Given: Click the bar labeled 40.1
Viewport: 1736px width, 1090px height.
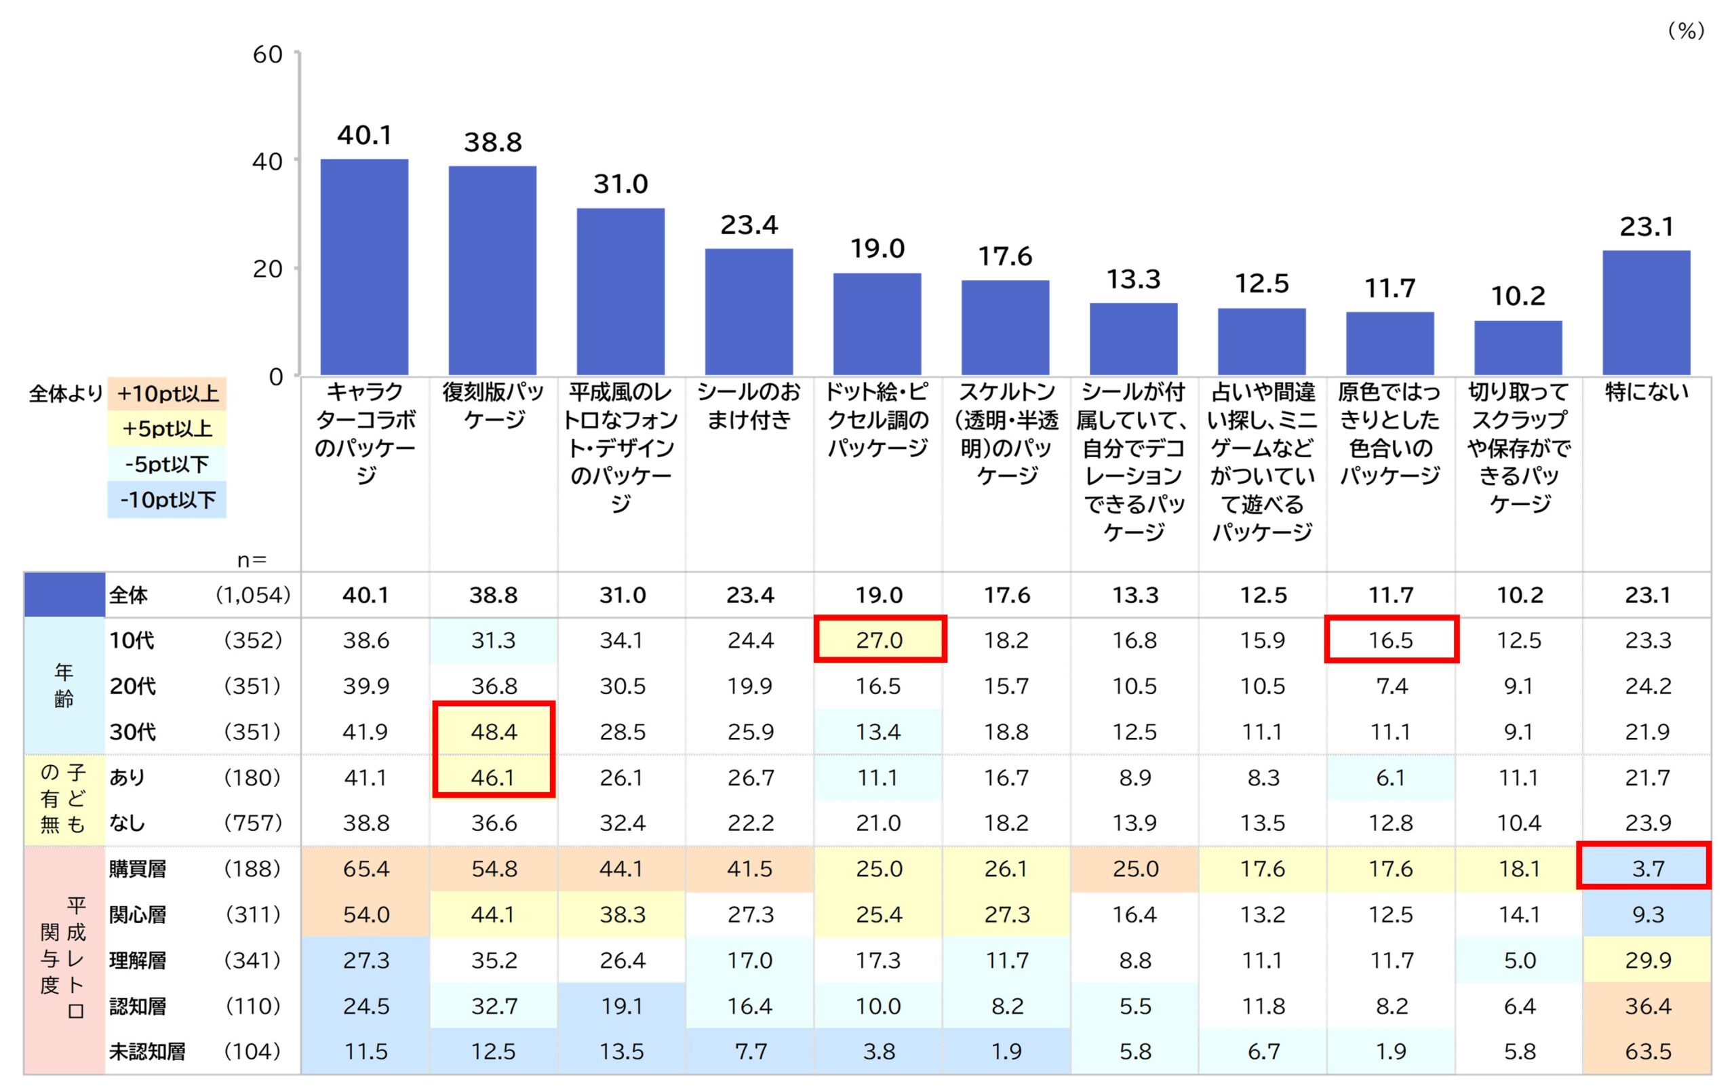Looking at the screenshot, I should (364, 267).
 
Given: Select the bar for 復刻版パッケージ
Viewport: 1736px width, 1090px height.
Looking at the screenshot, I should (492, 271).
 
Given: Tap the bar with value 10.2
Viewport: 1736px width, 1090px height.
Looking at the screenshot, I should (1518, 347).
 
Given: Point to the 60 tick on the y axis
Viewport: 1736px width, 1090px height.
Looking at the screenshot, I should (267, 55).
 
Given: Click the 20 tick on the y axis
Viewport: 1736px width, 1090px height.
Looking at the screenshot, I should (267, 269).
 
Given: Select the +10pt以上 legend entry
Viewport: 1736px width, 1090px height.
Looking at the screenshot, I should (167, 393).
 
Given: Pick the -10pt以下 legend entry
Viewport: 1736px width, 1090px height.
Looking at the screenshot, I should (167, 500).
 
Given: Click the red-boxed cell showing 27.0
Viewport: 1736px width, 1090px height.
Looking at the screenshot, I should (879, 640).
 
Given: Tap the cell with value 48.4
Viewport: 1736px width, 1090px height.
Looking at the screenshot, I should (494, 732).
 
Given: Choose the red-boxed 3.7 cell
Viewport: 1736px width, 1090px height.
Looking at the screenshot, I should (1647, 868).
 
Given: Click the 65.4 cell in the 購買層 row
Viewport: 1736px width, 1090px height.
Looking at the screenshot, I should (366, 868).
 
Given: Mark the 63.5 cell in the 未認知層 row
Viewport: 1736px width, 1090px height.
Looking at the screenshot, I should (1647, 1051).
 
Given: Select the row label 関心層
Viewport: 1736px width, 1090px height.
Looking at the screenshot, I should (138, 914).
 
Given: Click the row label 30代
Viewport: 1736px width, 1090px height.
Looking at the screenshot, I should (133, 732).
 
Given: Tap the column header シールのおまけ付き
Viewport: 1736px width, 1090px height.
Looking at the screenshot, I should (749, 405).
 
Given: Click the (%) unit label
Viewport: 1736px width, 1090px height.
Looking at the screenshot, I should (1686, 31).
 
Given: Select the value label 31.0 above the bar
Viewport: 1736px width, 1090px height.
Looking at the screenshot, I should (620, 184).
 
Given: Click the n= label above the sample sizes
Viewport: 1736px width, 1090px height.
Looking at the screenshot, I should (252, 560).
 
